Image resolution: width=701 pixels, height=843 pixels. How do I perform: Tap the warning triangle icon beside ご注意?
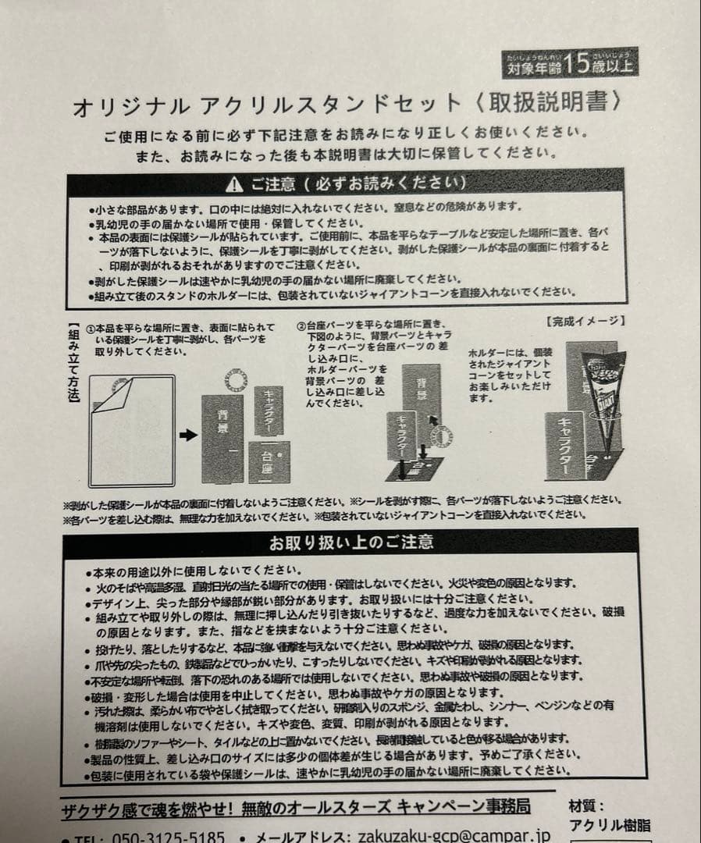click(x=234, y=185)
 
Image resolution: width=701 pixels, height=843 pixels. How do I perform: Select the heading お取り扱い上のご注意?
click(x=351, y=542)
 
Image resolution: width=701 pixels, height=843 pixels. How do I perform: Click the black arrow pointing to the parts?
click(x=188, y=435)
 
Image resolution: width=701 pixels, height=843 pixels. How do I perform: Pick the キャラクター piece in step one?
click(x=269, y=410)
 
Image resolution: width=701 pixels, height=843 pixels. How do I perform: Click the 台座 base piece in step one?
click(x=269, y=461)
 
